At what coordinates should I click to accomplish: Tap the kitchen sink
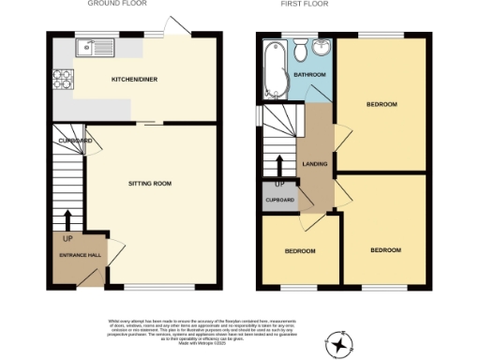tap(96, 44)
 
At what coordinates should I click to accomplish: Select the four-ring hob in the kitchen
tap(64, 81)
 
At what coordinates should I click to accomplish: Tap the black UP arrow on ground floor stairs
tap(67, 219)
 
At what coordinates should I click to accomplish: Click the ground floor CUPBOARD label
tap(74, 141)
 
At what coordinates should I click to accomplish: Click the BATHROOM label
tap(310, 74)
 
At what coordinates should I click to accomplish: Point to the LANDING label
tap(314, 165)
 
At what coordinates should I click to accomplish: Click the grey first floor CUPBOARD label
tap(280, 201)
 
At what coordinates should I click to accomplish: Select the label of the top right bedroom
tap(383, 104)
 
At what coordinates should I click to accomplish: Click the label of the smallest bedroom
tap(299, 251)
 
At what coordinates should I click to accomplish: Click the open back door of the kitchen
tap(175, 25)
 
